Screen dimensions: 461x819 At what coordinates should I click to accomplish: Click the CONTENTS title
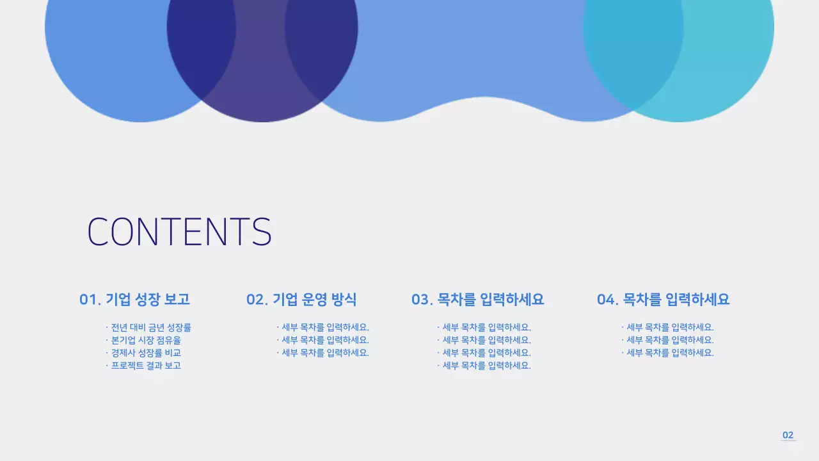179,232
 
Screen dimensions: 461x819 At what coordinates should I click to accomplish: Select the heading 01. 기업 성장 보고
134,300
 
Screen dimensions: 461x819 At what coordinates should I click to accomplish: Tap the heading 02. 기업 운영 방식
301,300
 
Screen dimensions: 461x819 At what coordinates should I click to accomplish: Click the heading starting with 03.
477,300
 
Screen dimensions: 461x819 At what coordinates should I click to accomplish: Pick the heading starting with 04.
663,300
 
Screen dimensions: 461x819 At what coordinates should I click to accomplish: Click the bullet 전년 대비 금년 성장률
150,327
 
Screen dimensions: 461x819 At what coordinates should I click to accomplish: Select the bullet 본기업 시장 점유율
145,340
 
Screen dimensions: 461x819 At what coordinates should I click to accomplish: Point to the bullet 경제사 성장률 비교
145,353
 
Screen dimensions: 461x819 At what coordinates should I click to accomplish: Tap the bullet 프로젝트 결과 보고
145,366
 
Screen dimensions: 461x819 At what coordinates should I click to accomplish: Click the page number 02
788,435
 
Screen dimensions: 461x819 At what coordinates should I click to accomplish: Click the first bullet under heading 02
325,327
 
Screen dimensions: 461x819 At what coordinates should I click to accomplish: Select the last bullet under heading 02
325,353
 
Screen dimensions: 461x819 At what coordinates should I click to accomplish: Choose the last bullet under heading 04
669,353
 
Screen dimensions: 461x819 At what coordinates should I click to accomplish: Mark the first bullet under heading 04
669,327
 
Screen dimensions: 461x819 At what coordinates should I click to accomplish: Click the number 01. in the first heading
90,300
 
